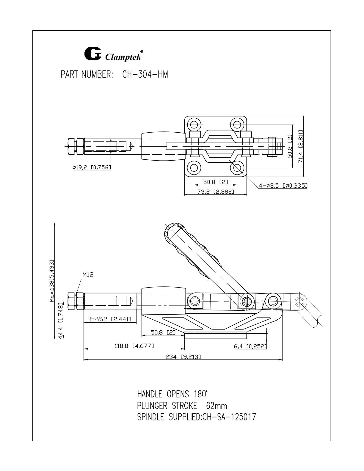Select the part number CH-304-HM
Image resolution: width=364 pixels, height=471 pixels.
tap(145, 75)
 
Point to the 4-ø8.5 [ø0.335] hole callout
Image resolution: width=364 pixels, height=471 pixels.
tap(283, 186)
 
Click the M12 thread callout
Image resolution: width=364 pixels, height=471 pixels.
tap(88, 275)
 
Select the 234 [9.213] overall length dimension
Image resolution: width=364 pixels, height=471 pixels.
tap(183, 357)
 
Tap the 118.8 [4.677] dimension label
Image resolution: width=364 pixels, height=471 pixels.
tap(134, 346)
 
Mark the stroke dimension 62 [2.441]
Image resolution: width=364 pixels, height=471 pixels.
tap(111, 319)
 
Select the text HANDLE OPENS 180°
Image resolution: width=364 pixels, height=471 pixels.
tap(172, 394)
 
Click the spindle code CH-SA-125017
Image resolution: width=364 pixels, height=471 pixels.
tap(229, 417)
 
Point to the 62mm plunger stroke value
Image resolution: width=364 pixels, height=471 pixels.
tap(216, 405)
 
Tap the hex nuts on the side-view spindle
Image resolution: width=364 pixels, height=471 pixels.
tap(76, 302)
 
